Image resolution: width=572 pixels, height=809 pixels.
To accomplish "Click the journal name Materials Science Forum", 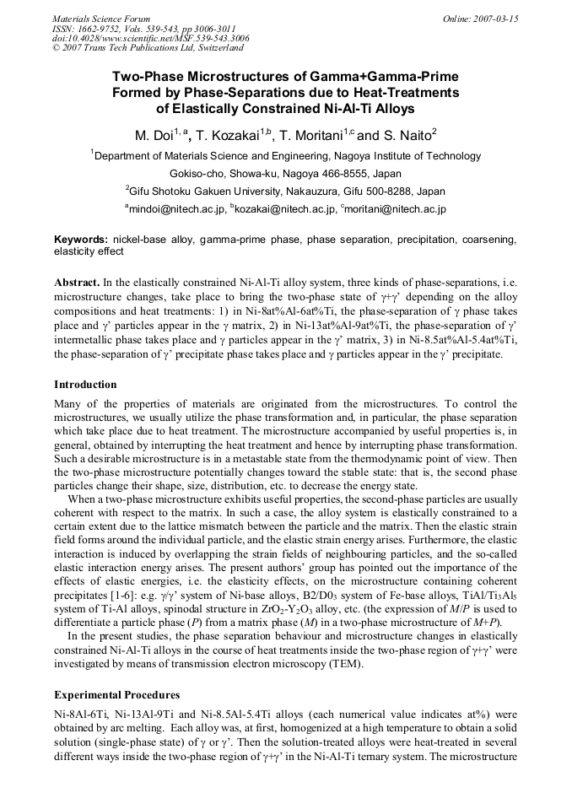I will coord(101,18).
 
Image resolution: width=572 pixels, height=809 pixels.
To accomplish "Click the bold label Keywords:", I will coord(80,240).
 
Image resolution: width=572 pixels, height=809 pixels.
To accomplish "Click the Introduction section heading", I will coord(85,384).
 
